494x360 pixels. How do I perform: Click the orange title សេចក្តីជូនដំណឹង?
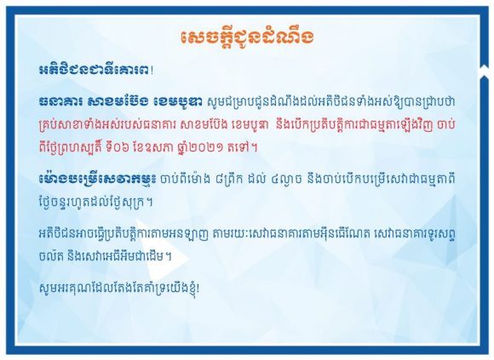pyautogui.click(x=247, y=38)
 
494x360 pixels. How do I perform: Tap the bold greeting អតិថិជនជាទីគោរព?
pyautogui.click(x=95, y=70)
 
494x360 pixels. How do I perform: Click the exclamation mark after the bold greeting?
pyautogui.click(x=152, y=70)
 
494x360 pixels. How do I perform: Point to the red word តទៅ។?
pyautogui.click(x=242, y=147)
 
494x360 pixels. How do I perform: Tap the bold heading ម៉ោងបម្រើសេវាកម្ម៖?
pyautogui.click(x=97, y=180)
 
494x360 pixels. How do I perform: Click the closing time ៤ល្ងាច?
pyautogui.click(x=286, y=180)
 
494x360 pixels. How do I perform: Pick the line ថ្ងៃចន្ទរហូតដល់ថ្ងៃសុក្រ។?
pyautogui.click(x=95, y=202)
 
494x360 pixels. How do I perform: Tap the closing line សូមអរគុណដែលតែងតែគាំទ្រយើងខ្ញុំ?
pyautogui.click(x=118, y=288)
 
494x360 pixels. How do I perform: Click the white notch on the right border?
pyautogui.click(x=484, y=72)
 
